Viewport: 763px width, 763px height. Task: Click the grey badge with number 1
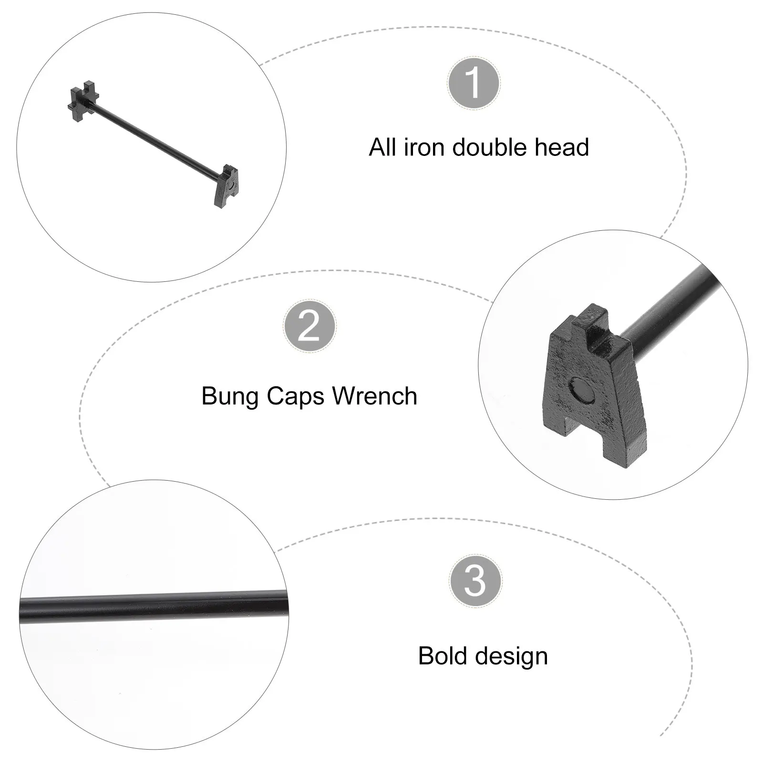pyautogui.click(x=474, y=82)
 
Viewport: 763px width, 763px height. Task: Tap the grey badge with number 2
pyautogui.click(x=310, y=326)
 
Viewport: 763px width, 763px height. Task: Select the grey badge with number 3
pyautogui.click(x=475, y=580)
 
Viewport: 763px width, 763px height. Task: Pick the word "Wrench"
pyautogui.click(x=374, y=396)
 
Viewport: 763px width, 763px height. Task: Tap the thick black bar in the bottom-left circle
pyautogui.click(x=154, y=606)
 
